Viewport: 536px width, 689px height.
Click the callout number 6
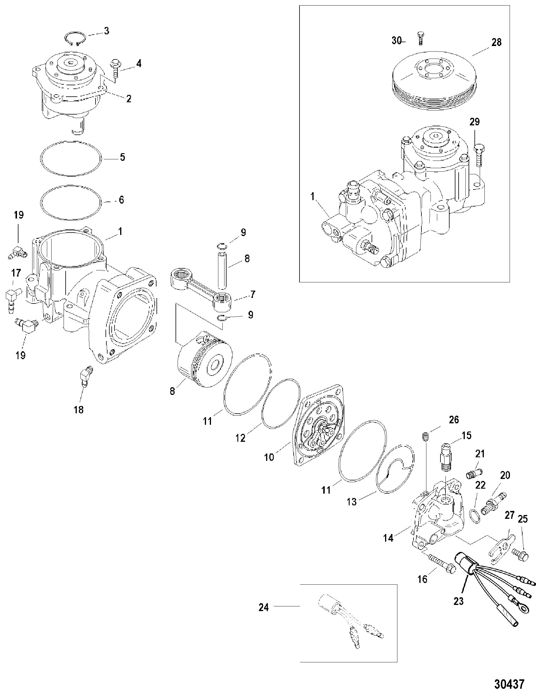pos(121,200)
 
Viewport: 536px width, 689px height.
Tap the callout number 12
pos(240,439)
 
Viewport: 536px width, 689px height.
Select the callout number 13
pos(352,502)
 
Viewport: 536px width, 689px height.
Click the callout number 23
pos(458,601)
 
